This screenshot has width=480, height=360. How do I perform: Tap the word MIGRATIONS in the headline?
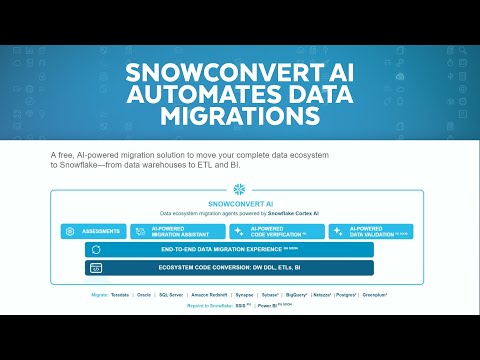click(239, 117)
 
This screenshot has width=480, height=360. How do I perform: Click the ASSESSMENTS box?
click(94, 231)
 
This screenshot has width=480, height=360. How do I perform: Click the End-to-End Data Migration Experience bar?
click(229, 249)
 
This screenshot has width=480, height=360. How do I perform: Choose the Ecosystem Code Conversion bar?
click(229, 268)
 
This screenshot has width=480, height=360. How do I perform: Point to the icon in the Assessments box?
click(70, 231)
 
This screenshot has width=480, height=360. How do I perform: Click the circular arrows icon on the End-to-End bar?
click(96, 249)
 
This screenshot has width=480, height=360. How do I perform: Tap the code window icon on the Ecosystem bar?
click(96, 268)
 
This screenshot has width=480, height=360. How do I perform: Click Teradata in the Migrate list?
click(121, 296)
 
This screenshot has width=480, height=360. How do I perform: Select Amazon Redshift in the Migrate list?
click(212, 296)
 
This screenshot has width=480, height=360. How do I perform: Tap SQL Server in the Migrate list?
click(170, 296)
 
